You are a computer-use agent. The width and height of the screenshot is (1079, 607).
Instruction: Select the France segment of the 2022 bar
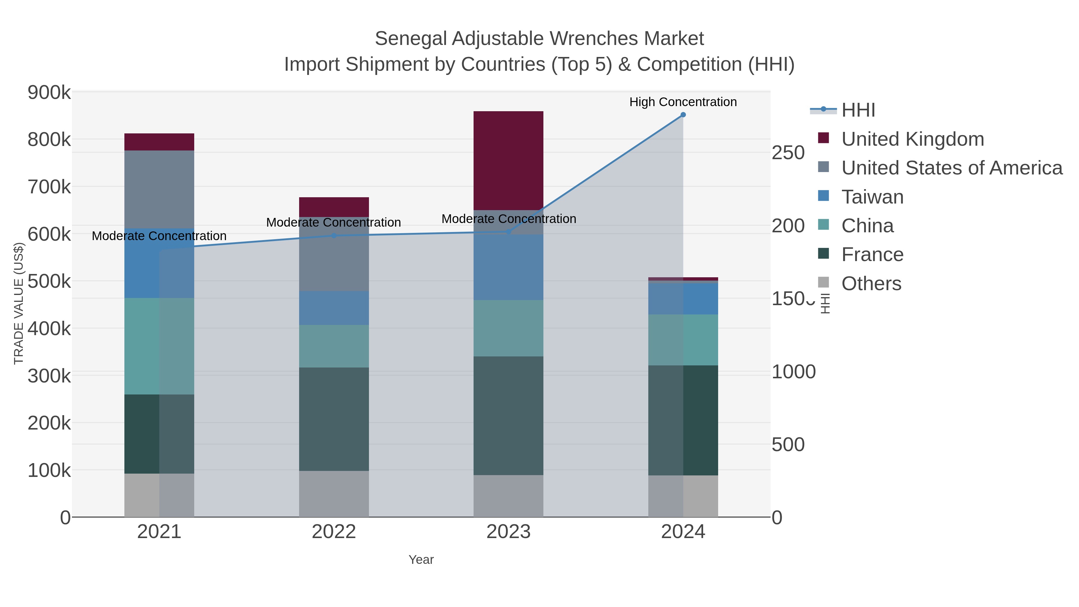(334, 419)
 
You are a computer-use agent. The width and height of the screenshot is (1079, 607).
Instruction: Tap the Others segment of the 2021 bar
(159, 495)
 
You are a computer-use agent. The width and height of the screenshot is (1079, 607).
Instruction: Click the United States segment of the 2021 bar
(159, 189)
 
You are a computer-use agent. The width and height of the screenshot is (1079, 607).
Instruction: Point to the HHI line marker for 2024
(683, 115)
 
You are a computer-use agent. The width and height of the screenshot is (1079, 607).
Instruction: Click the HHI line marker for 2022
(334, 235)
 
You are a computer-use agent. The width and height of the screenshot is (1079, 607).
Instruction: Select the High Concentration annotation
(683, 102)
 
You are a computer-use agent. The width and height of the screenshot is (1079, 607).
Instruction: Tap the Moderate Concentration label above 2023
(509, 219)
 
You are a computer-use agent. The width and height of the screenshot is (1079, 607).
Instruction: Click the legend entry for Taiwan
(872, 197)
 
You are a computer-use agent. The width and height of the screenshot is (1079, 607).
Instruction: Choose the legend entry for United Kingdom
(912, 139)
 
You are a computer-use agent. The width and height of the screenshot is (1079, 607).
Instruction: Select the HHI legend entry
(858, 110)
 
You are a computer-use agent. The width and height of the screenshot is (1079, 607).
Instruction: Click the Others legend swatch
(823, 282)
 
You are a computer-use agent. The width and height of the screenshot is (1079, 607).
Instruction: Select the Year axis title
(421, 560)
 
